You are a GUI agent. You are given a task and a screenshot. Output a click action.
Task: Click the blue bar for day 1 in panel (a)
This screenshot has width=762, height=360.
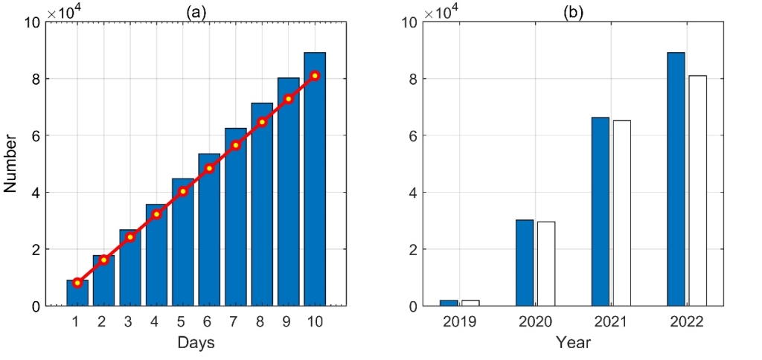(x=77, y=293)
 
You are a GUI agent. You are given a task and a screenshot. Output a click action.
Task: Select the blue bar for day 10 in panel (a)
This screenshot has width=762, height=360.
(x=315, y=179)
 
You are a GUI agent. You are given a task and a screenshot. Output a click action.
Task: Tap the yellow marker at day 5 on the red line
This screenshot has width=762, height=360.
(x=182, y=191)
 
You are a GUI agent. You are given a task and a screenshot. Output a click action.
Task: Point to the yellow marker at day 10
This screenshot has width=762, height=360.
(x=315, y=76)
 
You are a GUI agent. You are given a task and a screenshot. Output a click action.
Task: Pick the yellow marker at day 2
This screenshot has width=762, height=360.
(x=103, y=260)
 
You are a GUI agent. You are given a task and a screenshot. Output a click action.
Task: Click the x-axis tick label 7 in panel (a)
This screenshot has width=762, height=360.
(x=235, y=321)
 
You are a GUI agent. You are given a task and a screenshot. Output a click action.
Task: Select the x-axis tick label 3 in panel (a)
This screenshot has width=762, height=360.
(x=129, y=321)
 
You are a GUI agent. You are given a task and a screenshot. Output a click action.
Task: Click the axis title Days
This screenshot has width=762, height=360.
(x=196, y=343)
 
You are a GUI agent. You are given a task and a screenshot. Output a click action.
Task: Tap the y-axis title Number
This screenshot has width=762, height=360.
(x=10, y=164)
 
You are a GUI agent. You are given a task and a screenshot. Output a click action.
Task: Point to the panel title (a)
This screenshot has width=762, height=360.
(x=196, y=13)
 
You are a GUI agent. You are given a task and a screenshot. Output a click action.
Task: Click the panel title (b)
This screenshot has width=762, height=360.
(x=574, y=13)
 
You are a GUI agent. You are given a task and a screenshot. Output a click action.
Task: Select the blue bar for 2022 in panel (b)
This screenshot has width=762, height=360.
(x=676, y=179)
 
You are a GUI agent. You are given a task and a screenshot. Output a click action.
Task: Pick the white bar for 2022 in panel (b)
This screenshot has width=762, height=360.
(x=697, y=190)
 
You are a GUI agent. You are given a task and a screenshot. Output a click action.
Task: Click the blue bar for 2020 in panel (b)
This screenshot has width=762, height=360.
(x=524, y=263)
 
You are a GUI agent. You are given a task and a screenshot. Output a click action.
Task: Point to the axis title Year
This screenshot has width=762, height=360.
(x=573, y=343)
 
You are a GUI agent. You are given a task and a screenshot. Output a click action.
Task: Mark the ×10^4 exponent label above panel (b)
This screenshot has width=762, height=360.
(x=442, y=11)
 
